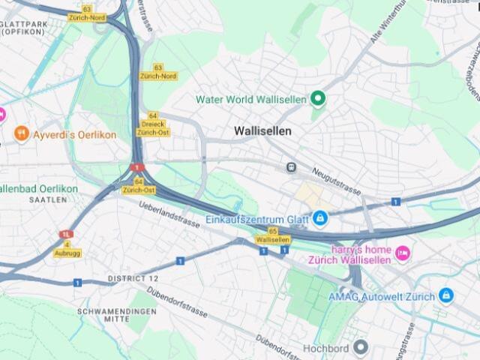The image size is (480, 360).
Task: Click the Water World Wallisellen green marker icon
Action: click(x=318, y=98)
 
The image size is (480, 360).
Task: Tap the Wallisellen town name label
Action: click(x=262, y=130)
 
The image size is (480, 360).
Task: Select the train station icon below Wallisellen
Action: click(x=290, y=167)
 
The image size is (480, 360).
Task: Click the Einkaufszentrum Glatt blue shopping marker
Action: click(x=320, y=218)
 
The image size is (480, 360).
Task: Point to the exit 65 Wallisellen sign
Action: click(x=273, y=235)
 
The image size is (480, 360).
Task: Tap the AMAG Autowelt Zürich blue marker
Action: click(x=446, y=295)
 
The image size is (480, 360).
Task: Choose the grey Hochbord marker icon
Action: click(x=361, y=347)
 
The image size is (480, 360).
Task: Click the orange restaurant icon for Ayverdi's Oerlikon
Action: click(x=21, y=134)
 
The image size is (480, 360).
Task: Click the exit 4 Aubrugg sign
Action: click(x=67, y=248)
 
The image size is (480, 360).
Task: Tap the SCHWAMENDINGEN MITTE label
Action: click(x=120, y=314)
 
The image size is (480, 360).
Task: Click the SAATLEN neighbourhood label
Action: click(x=44, y=200)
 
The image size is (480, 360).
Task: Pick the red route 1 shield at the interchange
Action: click(x=137, y=167)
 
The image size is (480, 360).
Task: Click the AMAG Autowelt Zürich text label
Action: click(x=381, y=296)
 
